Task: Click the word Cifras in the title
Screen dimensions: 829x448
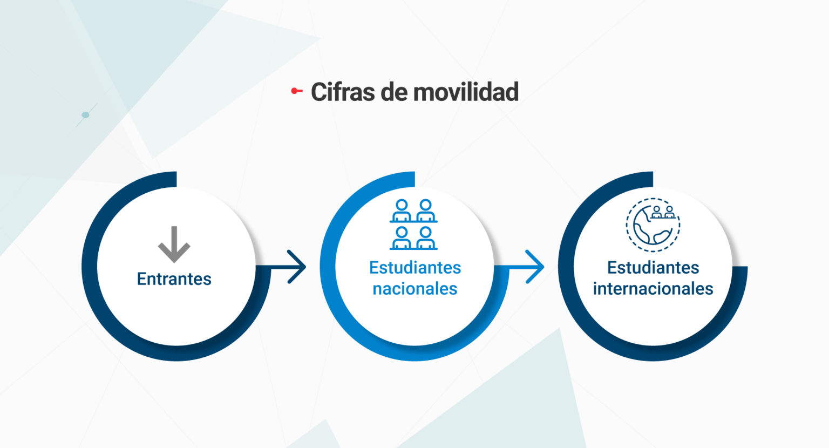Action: tap(343, 92)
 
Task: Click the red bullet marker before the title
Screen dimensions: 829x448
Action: tap(297, 91)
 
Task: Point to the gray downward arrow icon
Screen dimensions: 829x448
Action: tap(174, 245)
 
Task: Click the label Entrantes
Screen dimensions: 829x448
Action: tap(174, 279)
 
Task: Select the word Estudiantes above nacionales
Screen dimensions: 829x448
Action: tap(415, 268)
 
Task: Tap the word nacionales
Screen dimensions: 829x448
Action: tap(415, 289)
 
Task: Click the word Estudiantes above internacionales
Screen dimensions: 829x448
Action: tap(653, 268)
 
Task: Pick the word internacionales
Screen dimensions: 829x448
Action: tap(653, 289)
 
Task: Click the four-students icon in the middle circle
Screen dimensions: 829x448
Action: tap(414, 225)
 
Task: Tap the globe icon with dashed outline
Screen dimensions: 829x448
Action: tap(653, 225)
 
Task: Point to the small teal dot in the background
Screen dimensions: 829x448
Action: tap(85, 115)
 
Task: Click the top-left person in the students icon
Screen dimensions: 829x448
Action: tap(402, 211)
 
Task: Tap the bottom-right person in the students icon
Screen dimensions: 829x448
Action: tap(426, 238)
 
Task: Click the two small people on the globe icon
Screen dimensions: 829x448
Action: tap(663, 213)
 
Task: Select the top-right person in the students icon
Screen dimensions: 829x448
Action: tap(426, 211)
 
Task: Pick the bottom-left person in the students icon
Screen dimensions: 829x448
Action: tap(402, 238)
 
